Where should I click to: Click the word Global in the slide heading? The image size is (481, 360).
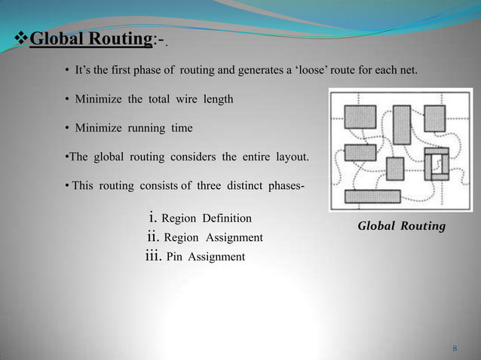coord(55,38)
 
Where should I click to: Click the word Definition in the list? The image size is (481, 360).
coord(225,219)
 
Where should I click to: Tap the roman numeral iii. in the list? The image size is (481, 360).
coord(152,256)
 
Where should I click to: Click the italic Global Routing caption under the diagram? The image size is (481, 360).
coord(401,226)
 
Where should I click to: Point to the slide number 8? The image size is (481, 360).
coord(455,348)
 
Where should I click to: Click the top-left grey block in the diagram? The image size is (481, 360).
coord(360,116)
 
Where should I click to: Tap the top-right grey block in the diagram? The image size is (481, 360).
coord(434,118)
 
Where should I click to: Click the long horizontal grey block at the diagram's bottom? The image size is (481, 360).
coord(372,197)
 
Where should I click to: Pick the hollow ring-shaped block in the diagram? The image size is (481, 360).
coord(436,164)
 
